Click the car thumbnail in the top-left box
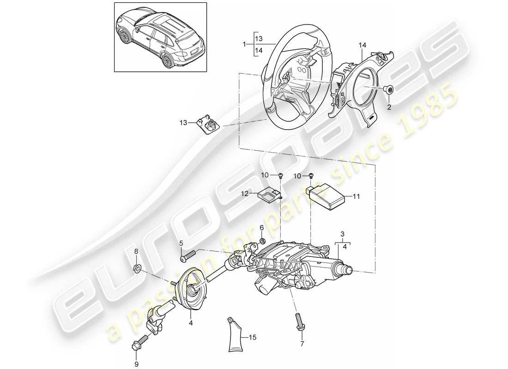pos(160,37)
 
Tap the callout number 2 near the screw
pos(389,107)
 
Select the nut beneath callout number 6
pos(262,241)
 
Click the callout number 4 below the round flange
pos(190,324)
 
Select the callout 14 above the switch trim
pos(362,45)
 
